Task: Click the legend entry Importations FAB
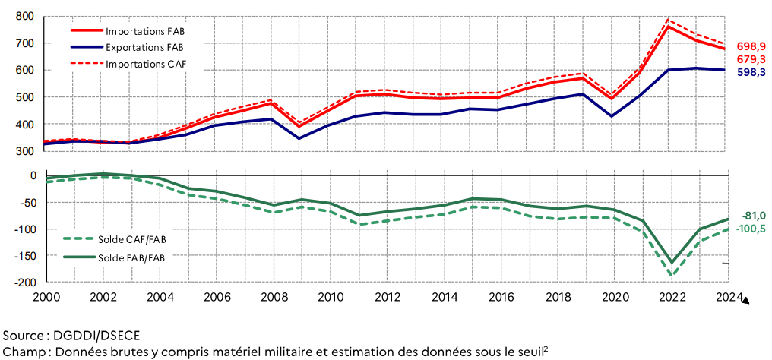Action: click(x=145, y=31)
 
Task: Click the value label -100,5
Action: click(x=749, y=228)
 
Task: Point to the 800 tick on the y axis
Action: click(x=24, y=16)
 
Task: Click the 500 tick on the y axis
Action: click(x=24, y=97)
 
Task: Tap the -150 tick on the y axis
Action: click(x=21, y=256)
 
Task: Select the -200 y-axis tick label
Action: click(x=21, y=283)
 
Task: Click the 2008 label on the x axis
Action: click(x=273, y=296)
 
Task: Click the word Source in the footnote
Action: click(x=23, y=335)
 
